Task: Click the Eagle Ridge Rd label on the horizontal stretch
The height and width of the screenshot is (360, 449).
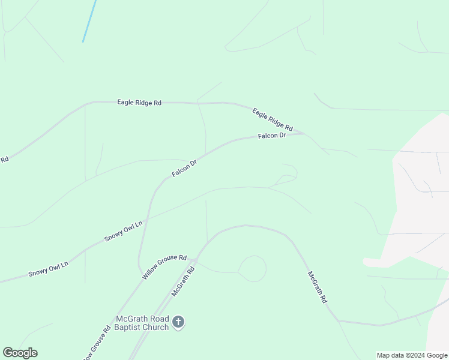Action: point(139,103)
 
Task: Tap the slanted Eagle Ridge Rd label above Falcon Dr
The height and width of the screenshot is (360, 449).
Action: point(272,119)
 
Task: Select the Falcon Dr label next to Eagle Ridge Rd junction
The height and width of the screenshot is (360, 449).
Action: point(271,136)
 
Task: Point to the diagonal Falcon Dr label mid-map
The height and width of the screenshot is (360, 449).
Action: point(184,168)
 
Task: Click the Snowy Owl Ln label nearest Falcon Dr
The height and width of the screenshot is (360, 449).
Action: point(124,231)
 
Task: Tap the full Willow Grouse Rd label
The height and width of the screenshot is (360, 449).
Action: point(164,266)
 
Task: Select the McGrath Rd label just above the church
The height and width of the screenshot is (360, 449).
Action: point(184,281)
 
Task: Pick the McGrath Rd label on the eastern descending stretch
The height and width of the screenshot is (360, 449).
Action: point(317,287)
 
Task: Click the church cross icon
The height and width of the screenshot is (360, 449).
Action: point(178,322)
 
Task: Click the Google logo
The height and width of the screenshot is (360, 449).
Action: point(20,353)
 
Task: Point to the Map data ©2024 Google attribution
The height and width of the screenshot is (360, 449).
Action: point(412,355)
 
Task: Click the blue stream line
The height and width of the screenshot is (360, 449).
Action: point(89,21)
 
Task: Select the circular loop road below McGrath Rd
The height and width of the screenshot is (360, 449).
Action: point(253,268)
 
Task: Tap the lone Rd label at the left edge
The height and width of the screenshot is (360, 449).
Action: point(4,160)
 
